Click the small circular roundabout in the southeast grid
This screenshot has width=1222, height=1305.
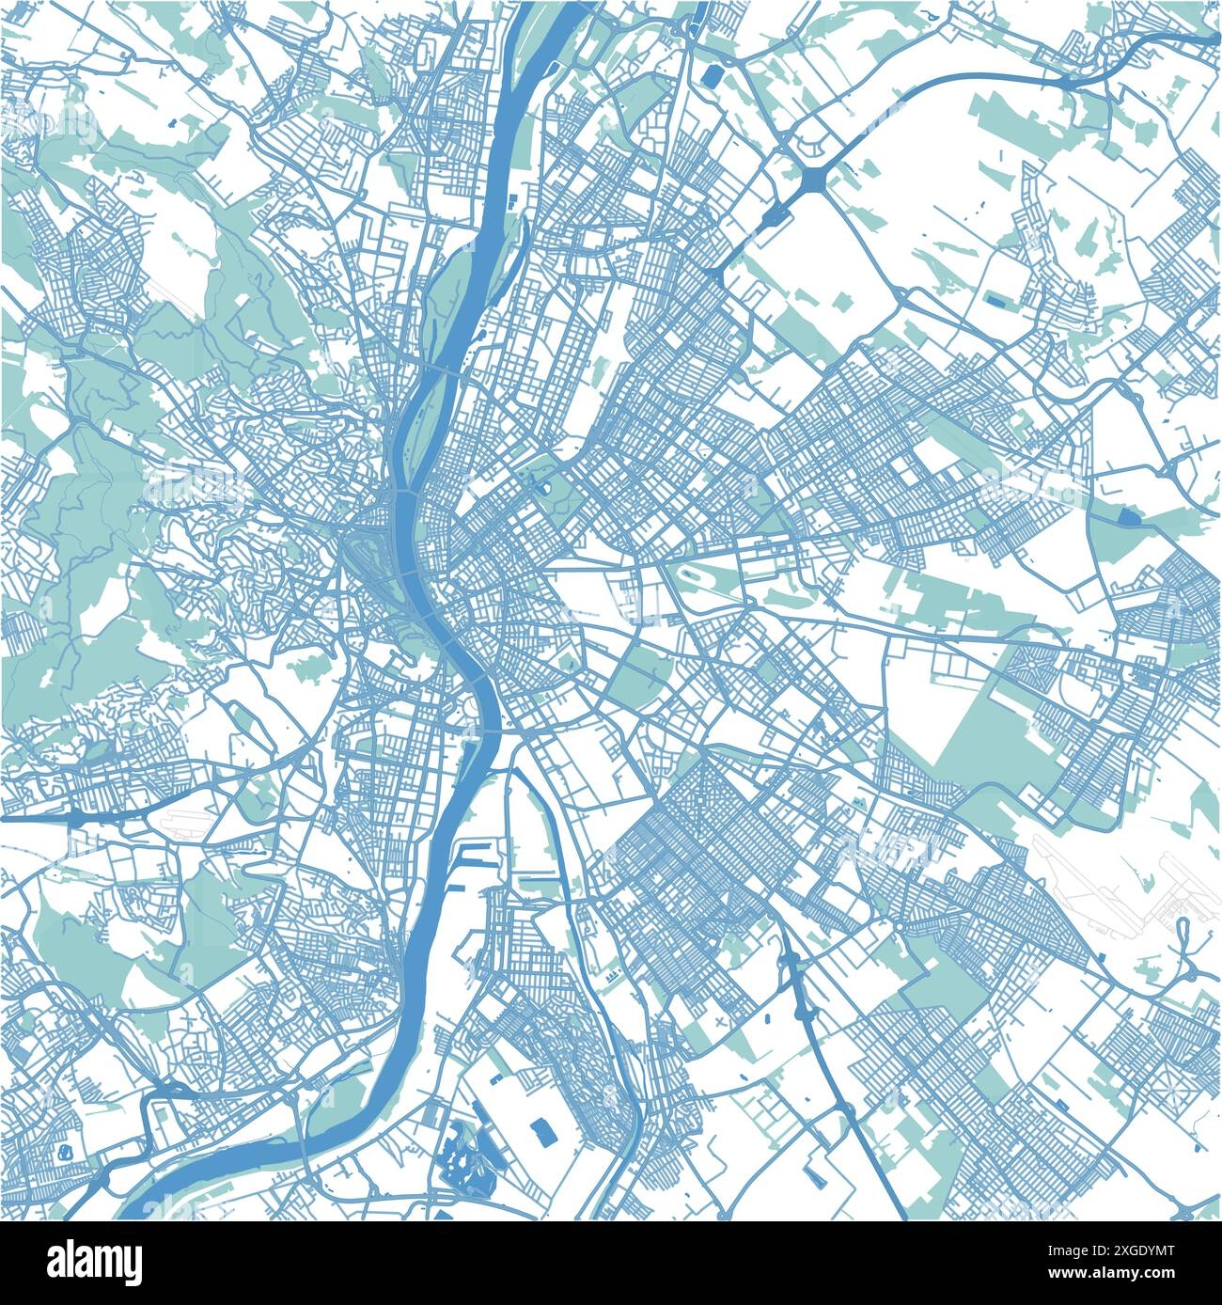(x=898, y=927)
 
